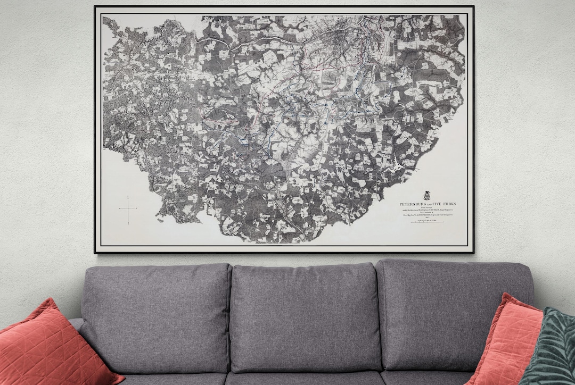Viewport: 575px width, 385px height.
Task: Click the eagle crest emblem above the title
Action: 426,195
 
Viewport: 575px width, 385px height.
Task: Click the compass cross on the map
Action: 128,208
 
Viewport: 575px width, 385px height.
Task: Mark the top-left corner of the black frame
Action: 95,7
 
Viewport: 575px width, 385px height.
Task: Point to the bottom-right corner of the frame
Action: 473,253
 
